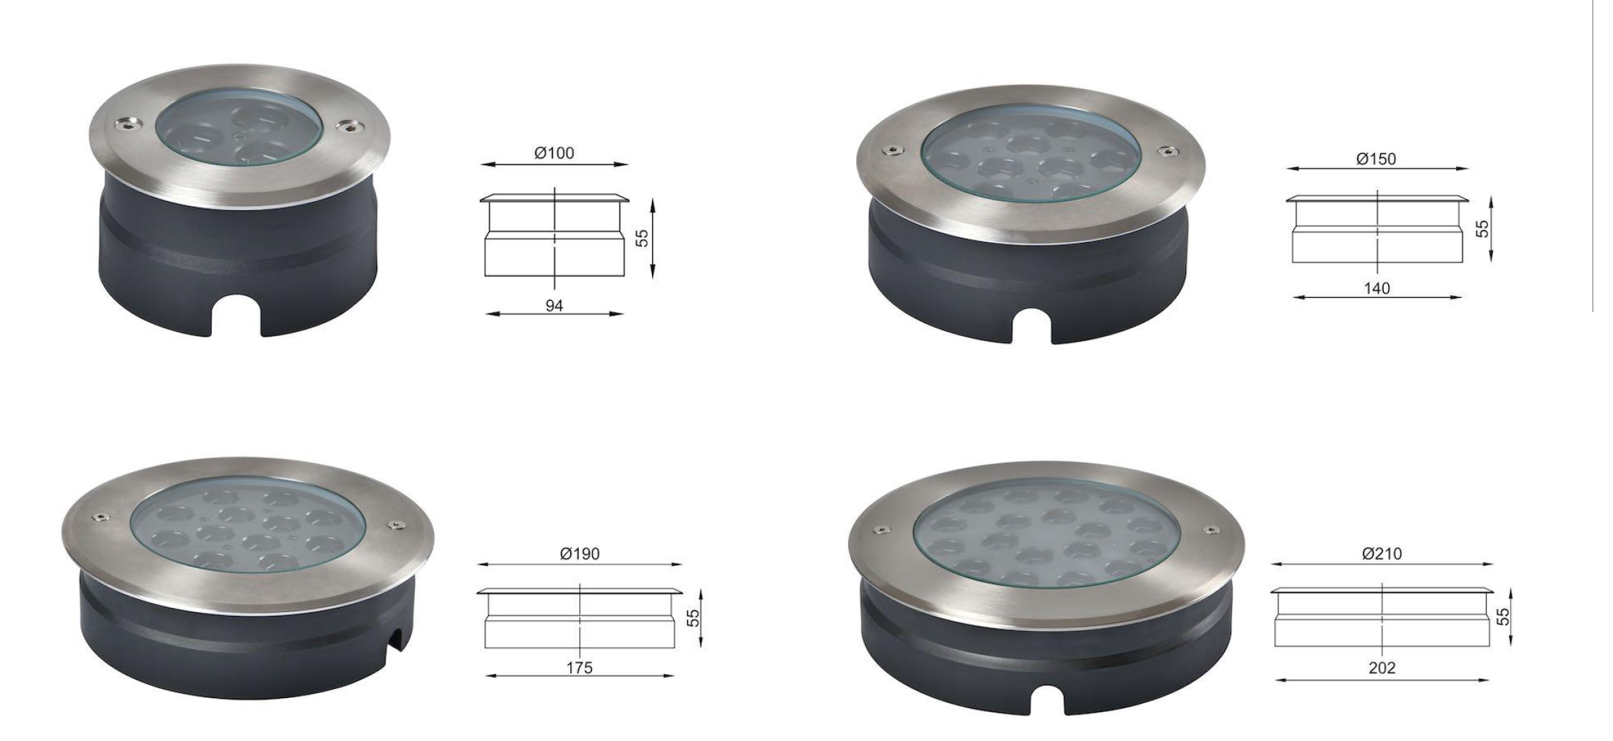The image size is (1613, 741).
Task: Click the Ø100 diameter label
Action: pos(554,153)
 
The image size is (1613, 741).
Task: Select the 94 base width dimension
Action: pos(554,306)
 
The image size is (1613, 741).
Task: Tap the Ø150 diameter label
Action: pos(1376,159)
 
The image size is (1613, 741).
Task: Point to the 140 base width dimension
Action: pos(1377,288)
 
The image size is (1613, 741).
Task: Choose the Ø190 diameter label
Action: pos(580,554)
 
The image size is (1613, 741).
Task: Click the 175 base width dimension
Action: pos(579,668)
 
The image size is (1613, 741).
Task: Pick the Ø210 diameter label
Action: pos(1382,554)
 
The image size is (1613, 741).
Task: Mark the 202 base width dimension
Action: pos(1382,668)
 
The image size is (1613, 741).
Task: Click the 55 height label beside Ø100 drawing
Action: pos(642,238)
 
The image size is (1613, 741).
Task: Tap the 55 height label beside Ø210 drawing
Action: pos(1504,617)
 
